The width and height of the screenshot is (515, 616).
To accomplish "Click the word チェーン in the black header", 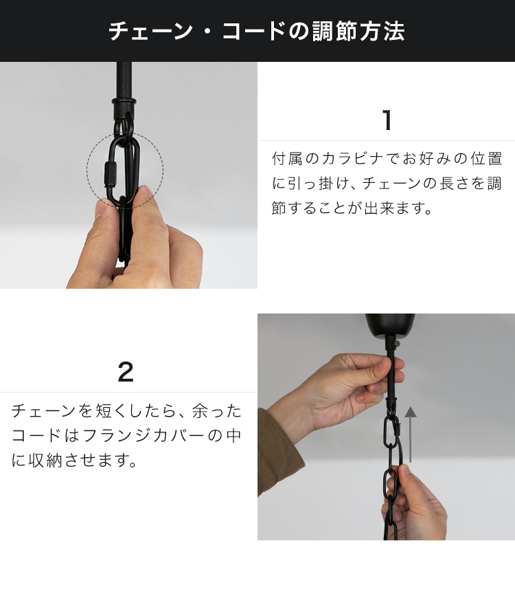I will click(150, 32).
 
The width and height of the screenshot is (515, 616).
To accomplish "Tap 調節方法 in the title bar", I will click(358, 32).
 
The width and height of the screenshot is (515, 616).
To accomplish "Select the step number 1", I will click(387, 121).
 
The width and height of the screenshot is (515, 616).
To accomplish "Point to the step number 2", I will click(126, 373).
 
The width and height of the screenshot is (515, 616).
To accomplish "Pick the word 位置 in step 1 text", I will click(487, 159).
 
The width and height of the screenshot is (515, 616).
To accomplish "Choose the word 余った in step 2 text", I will click(217, 411).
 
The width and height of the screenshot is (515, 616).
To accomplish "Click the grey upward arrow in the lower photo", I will click(411, 433).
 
